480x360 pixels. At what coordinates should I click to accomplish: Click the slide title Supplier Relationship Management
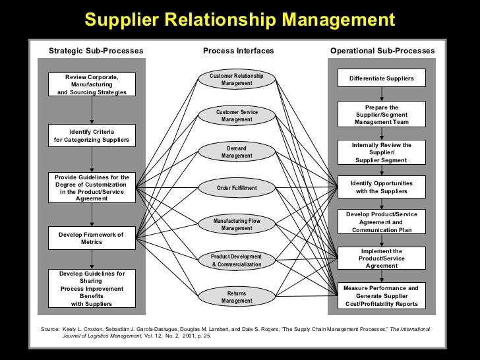click(239, 20)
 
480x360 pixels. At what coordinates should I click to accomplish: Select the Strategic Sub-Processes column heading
click(96, 51)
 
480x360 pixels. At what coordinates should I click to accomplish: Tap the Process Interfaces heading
click(238, 51)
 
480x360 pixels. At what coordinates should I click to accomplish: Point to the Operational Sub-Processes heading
click(382, 51)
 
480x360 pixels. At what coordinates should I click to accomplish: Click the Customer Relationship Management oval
click(237, 80)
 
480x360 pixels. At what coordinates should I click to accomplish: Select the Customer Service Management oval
click(237, 116)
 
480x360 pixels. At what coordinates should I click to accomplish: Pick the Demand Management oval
click(237, 152)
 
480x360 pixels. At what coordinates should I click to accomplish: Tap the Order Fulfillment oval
click(237, 188)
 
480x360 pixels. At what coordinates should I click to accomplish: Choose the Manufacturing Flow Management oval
click(237, 224)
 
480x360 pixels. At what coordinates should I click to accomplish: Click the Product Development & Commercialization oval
click(237, 260)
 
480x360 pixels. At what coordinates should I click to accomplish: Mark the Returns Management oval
click(237, 297)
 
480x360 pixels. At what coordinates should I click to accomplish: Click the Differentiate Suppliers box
click(382, 78)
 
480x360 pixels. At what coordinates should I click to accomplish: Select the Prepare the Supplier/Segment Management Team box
click(382, 115)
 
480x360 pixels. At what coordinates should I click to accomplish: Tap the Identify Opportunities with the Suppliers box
click(382, 187)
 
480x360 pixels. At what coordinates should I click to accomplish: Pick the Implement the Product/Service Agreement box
click(382, 258)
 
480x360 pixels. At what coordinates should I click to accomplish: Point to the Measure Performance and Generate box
click(382, 296)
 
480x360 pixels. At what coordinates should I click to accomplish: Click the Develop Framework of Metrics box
click(92, 238)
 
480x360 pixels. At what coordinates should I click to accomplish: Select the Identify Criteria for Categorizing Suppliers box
click(92, 136)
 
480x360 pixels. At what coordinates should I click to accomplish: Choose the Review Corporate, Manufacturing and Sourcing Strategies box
click(92, 84)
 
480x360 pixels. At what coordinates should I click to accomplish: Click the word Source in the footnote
click(49, 328)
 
